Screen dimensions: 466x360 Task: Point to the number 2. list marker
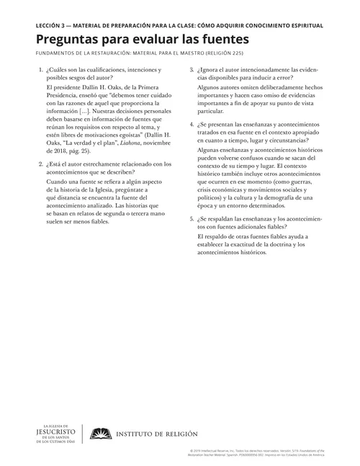click(29, 163)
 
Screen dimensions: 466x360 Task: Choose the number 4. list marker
click(191, 125)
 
